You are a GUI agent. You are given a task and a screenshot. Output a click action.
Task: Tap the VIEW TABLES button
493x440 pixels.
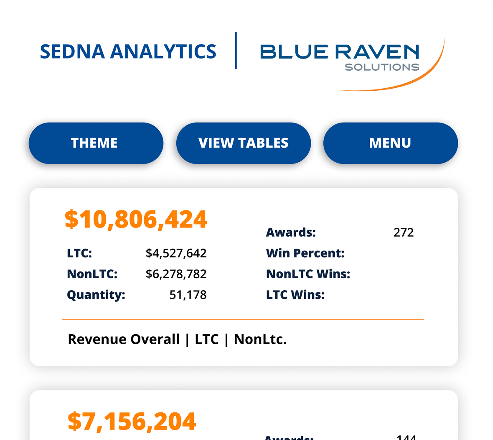pyautogui.click(x=243, y=143)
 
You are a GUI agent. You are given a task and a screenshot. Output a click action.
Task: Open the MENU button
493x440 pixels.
pyautogui.click(x=390, y=143)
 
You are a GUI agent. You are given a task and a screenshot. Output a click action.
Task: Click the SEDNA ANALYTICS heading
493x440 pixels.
pyautogui.click(x=128, y=51)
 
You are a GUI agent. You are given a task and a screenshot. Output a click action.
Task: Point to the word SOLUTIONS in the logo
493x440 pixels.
pyautogui.click(x=382, y=67)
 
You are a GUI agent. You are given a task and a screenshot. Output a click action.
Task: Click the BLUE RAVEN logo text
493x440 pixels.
pyautogui.click(x=339, y=51)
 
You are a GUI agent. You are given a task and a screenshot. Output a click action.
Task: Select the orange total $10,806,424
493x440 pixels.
pyautogui.click(x=136, y=219)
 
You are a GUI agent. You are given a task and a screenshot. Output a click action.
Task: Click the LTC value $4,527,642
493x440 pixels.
pyautogui.click(x=176, y=253)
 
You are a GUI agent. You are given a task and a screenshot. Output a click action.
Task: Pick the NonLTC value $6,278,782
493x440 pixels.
pyautogui.click(x=176, y=274)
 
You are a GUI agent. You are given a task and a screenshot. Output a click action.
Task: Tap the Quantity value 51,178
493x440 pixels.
pyautogui.click(x=188, y=295)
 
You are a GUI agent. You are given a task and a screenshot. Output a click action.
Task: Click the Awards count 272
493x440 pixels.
pyautogui.click(x=404, y=233)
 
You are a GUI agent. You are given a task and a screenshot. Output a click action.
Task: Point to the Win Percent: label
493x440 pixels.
pyautogui.click(x=305, y=253)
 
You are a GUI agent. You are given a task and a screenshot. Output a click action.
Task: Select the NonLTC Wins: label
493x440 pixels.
pyautogui.click(x=308, y=274)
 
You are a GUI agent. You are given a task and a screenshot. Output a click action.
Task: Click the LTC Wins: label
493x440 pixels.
pyautogui.click(x=295, y=295)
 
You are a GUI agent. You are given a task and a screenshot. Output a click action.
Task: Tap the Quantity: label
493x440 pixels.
pyautogui.click(x=96, y=295)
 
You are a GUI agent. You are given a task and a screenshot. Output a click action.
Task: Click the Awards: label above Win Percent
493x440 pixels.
pyautogui.click(x=291, y=233)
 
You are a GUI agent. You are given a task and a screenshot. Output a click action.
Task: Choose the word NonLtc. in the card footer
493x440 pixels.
pyautogui.click(x=260, y=339)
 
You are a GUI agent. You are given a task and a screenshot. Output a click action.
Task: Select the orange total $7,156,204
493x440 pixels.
pyautogui.click(x=132, y=421)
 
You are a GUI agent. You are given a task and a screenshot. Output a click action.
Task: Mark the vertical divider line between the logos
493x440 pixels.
pyautogui.click(x=236, y=51)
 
